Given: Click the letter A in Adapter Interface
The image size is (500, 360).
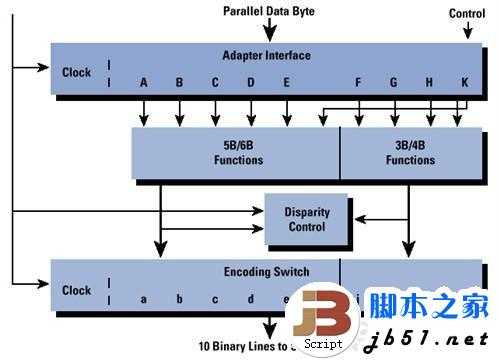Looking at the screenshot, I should point(144,83).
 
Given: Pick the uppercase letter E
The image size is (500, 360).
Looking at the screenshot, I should point(287,83).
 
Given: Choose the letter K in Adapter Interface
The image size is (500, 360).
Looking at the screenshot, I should point(464,83).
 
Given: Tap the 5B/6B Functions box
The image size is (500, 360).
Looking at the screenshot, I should point(236,153).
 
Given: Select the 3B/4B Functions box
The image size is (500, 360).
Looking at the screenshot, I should point(410,153).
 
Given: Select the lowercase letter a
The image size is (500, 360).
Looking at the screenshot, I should point(144,299).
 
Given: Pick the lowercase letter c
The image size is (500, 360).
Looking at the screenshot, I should point(215,299).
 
